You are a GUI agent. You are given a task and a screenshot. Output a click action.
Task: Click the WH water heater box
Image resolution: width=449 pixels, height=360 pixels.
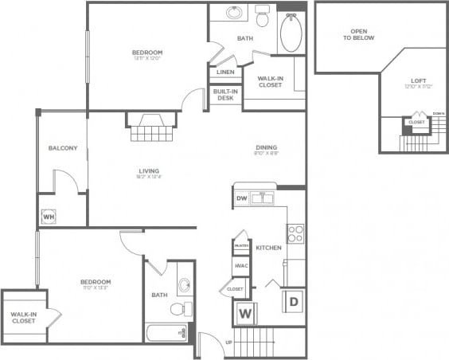48,216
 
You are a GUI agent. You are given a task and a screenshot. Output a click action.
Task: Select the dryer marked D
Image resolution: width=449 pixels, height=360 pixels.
293,301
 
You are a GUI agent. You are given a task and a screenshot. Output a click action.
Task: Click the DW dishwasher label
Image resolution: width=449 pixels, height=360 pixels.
241,198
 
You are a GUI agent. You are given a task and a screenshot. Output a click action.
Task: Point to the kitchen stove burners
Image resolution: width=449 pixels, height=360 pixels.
295,233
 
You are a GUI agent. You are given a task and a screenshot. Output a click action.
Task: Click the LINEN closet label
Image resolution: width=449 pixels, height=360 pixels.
223,72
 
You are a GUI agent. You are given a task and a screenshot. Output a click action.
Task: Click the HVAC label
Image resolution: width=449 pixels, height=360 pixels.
240,266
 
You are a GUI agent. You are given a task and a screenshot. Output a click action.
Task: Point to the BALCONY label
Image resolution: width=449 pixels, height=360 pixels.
62,148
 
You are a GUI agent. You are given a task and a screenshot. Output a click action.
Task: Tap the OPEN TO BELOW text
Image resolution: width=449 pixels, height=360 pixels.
358,34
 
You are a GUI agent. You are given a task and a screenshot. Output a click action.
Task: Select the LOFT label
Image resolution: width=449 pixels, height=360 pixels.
417,80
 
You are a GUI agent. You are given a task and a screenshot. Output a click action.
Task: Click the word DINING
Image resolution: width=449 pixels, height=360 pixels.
266,147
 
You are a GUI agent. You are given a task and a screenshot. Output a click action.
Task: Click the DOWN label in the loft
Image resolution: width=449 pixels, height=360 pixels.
439,114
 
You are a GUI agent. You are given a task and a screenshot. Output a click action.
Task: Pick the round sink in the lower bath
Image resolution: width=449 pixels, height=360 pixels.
185,285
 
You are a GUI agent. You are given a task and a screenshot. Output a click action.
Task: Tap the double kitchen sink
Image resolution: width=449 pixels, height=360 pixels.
263,198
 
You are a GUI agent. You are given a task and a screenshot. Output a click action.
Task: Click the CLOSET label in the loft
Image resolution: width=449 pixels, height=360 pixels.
416,122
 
